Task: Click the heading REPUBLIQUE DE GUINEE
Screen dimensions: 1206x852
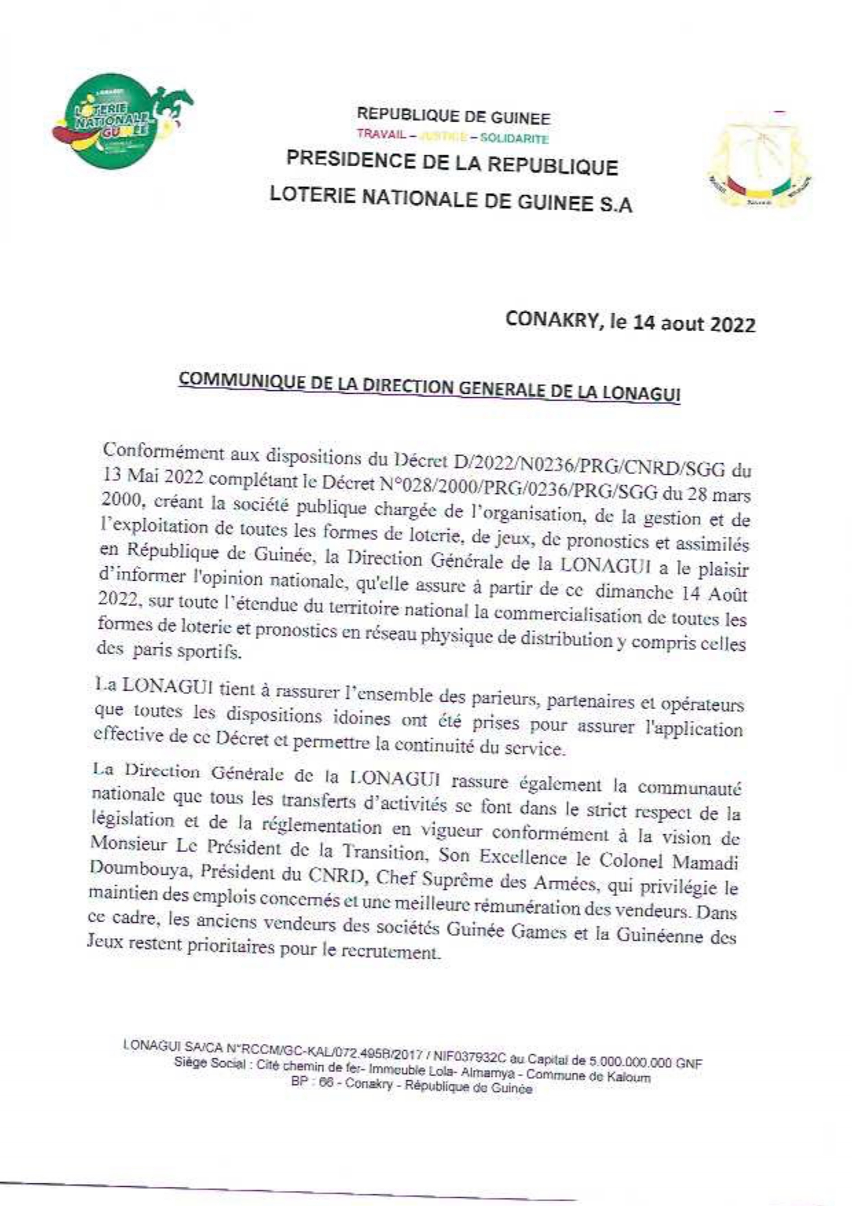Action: point(453,118)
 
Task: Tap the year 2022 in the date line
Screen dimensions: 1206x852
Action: point(732,324)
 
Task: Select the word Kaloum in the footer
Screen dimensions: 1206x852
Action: point(627,1077)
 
